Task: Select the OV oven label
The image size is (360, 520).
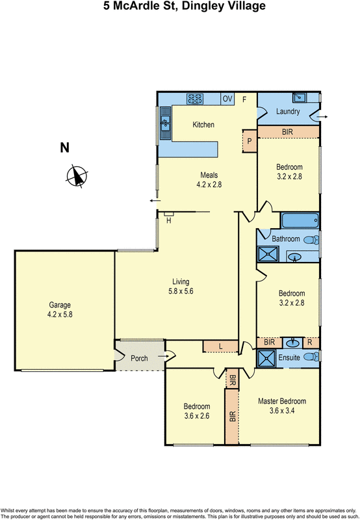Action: tap(227, 99)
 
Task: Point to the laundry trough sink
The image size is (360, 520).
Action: tap(300, 97)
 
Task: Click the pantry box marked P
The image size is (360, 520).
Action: tap(249, 140)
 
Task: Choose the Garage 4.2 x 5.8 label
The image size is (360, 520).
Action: tap(59, 309)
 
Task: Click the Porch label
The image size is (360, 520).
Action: tap(139, 358)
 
